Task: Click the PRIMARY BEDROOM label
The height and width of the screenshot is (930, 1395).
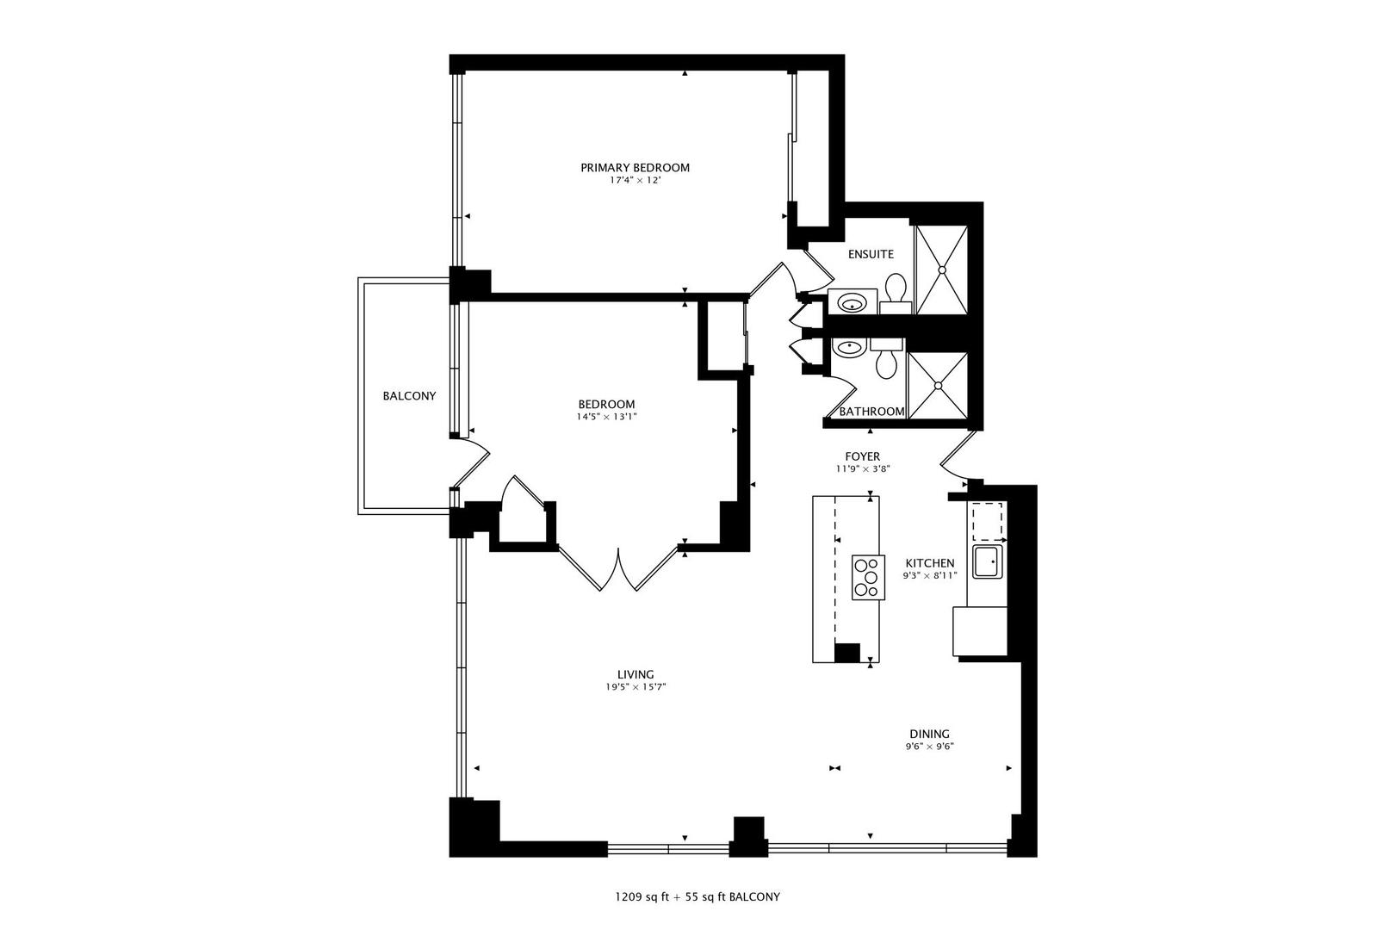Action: [x=635, y=168]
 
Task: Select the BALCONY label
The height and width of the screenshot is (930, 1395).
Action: [x=409, y=395]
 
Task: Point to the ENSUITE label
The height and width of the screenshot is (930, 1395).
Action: [x=871, y=254]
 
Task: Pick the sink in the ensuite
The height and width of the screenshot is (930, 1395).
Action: [x=852, y=304]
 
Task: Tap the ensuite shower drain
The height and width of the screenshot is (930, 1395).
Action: [x=942, y=270]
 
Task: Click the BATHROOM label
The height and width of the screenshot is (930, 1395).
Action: [x=871, y=412]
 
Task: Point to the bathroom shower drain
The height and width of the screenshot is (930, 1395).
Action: [x=938, y=386]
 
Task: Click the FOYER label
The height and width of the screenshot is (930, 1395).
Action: [x=863, y=456]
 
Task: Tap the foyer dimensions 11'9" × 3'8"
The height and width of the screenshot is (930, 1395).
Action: [x=863, y=469]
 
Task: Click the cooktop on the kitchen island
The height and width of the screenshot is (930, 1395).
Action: [x=868, y=578]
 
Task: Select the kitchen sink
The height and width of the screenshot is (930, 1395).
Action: [x=988, y=561]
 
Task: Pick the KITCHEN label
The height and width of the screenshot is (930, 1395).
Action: [x=930, y=563]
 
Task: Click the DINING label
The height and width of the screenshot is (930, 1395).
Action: [x=930, y=734]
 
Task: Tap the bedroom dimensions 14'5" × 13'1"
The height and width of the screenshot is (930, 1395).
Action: [x=606, y=417]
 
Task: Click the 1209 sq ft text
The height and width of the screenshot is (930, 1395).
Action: [x=642, y=897]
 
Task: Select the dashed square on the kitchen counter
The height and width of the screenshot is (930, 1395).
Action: [x=987, y=521]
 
